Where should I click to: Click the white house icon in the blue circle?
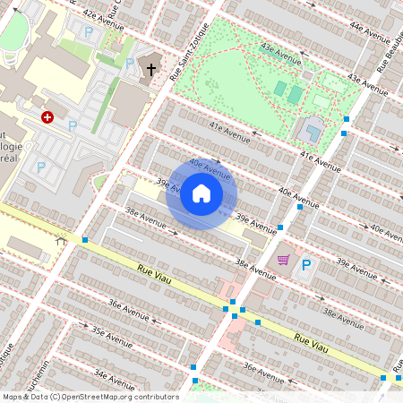tap(201, 193)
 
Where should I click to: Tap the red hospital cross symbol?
tap(47, 116)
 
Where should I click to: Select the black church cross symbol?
tap(151, 69)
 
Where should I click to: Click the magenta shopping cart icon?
tap(283, 260)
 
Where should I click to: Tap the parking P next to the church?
tap(131, 64)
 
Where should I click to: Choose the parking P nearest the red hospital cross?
tap(73, 126)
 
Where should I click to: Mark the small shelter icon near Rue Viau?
tap(61, 239)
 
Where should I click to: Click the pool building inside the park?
tap(313, 131)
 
